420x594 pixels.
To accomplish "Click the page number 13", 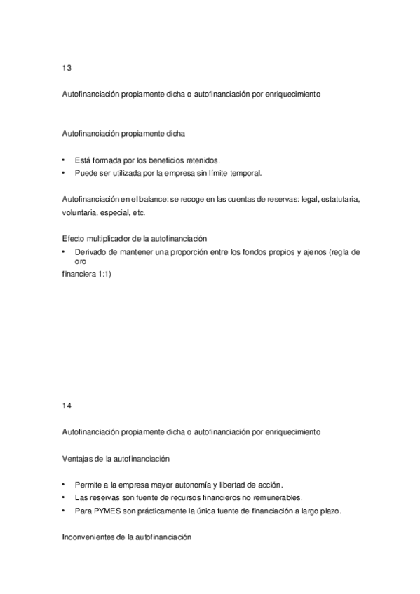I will coord(67,69).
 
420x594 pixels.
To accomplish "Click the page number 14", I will coord(67,405).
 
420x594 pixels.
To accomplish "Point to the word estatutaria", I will coord(339,199).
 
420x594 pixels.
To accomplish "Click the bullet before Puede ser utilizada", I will coord(64,172).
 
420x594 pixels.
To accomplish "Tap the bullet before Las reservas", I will coord(64,497).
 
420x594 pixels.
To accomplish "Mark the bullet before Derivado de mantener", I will coord(64,251).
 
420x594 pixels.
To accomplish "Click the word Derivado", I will coord(89,251).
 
